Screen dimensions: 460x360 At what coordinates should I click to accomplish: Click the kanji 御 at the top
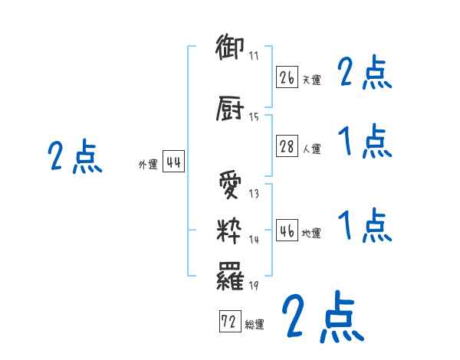tap(230, 48)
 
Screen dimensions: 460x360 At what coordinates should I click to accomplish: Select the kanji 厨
tap(230, 110)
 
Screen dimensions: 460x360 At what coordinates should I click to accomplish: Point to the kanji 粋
tap(230, 230)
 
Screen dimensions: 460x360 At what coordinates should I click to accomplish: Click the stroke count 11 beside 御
tap(254, 56)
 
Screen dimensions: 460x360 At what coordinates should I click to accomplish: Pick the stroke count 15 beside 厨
tap(254, 117)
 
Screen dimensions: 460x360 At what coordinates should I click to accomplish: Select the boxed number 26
tap(287, 77)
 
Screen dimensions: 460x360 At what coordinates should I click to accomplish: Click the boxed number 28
tap(287, 146)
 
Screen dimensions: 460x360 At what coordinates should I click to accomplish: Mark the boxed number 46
tap(287, 231)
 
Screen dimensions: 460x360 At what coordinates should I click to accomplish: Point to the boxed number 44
tap(173, 162)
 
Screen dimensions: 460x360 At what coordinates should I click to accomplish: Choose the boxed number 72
tap(228, 322)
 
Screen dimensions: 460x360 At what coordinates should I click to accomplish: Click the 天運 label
tap(311, 80)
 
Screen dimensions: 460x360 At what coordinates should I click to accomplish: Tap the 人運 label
tap(311, 149)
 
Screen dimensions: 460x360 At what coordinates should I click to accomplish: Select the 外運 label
tap(148, 165)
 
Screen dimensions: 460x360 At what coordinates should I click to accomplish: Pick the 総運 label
tap(254, 325)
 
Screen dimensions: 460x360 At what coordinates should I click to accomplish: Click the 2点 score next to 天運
tap(365, 74)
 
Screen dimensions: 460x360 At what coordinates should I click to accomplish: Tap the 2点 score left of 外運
tap(74, 157)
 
